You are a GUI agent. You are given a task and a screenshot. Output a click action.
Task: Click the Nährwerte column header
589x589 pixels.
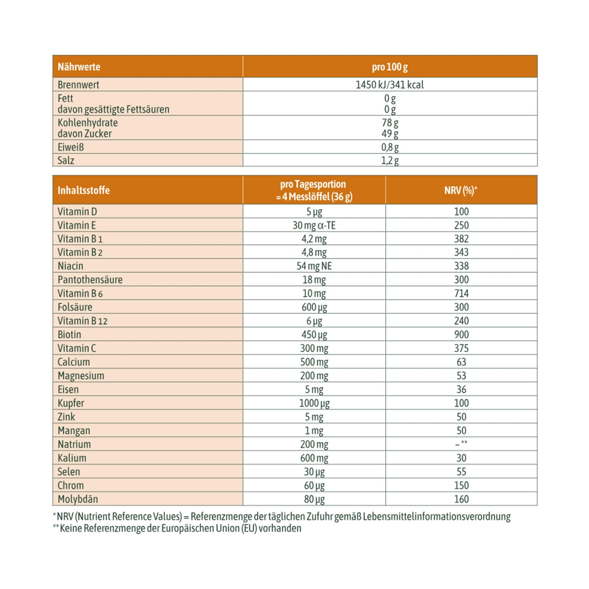(79, 67)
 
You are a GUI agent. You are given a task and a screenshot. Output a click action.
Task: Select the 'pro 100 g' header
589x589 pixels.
(389, 67)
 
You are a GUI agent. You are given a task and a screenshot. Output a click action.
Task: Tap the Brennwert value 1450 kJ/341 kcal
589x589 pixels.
(389, 85)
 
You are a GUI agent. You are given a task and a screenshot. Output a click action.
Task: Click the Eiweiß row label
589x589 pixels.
(71, 147)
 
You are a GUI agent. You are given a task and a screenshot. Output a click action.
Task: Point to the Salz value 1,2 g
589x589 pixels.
(390, 160)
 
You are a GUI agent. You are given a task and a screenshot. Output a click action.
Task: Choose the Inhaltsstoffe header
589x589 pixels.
(83, 190)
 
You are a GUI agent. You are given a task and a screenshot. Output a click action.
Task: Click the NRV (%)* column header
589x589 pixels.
(461, 190)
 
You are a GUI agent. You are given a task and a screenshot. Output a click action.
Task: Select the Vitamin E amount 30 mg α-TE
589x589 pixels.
(314, 225)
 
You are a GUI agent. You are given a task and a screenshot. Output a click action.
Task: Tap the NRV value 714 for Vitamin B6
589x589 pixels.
(461, 294)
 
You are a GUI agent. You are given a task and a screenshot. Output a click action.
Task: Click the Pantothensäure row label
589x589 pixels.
(90, 280)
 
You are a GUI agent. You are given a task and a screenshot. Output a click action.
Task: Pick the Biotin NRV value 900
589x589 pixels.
(461, 334)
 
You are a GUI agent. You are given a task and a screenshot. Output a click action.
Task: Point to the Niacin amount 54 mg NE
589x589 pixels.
(314, 266)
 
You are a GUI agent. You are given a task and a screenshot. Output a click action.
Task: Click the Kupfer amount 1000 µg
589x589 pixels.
(314, 403)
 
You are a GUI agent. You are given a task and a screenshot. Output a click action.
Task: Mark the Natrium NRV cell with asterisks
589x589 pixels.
(461, 444)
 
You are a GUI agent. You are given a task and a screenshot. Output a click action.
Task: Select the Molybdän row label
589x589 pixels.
(78, 499)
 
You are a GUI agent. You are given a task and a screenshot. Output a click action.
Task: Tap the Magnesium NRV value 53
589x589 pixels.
(461, 376)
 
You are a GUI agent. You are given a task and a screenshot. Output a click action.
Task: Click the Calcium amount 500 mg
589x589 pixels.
(314, 362)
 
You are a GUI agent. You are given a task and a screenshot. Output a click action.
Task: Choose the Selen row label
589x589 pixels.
(69, 472)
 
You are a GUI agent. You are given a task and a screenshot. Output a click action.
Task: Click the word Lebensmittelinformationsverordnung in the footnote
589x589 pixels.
(437, 517)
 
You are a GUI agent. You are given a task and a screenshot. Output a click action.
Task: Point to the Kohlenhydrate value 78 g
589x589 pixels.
(390, 123)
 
